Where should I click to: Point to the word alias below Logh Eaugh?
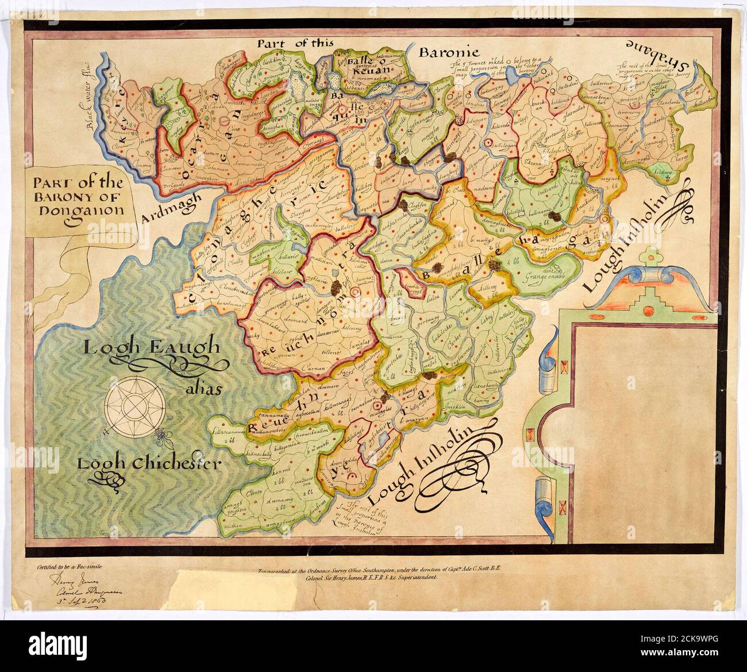click(203, 389)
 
